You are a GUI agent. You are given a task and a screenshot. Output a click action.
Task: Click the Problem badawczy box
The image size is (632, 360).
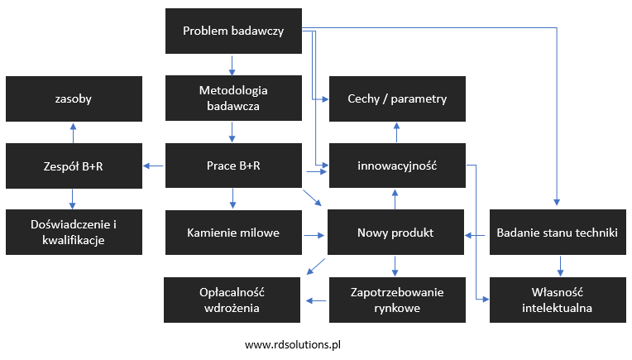pos(233,31)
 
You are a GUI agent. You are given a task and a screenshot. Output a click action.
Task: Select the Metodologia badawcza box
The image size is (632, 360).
pos(233,98)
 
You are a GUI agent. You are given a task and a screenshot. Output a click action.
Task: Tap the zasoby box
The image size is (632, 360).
pos(74,98)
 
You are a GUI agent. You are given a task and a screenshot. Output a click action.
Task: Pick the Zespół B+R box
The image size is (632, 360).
pos(74,166)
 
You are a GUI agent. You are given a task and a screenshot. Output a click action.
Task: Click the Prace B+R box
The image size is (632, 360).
pos(233,166)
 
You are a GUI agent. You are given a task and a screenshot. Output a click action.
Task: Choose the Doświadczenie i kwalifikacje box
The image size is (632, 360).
pos(74,233)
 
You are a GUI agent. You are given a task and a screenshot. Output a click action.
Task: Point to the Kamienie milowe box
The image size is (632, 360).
pos(233,233)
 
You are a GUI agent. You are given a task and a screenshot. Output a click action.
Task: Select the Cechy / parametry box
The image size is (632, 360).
pos(397,98)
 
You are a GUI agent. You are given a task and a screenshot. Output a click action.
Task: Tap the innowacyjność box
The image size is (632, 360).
pos(397,166)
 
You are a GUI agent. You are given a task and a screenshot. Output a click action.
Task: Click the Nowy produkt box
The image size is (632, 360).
pos(395,233)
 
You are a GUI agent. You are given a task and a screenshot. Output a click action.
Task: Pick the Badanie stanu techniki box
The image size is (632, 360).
pos(558,233)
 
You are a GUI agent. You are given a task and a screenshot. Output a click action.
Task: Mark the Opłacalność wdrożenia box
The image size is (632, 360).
pos(232,300)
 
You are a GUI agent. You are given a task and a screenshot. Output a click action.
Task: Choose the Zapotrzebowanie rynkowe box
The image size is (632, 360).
pos(397,300)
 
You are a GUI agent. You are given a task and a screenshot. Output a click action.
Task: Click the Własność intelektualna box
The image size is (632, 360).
pos(558,300)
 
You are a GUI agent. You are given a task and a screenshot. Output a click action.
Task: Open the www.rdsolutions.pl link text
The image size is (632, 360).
pos(293,345)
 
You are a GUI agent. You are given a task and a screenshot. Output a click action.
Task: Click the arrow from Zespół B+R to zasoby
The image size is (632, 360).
pos(73,133)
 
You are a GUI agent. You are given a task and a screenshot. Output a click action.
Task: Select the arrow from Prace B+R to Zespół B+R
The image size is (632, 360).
pos(154,166)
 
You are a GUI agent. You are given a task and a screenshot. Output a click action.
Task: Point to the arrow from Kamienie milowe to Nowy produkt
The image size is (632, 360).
pos(314,235)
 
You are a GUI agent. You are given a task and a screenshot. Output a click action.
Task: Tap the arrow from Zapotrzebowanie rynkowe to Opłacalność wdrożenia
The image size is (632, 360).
pos(316,300)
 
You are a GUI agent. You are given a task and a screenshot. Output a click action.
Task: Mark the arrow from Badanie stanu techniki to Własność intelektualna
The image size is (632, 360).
pos(560,266)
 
